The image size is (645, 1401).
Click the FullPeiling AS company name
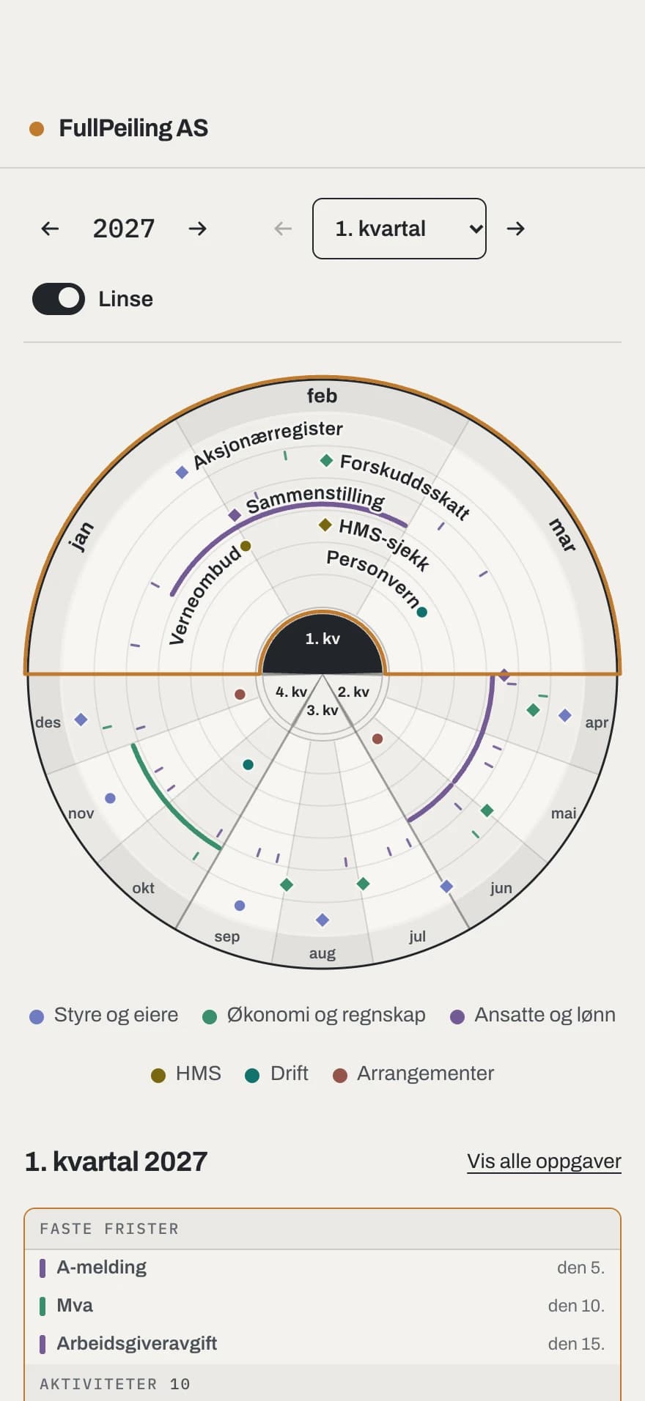coord(133,128)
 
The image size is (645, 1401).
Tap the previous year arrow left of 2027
coord(50,229)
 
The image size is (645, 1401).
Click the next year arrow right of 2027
coord(197,229)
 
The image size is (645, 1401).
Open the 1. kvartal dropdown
coord(399,229)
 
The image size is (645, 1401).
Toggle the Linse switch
coord(59,299)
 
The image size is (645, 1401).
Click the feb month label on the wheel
coord(322,396)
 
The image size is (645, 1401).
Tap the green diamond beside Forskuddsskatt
coord(327,460)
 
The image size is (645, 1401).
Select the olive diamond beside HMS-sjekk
coord(325,525)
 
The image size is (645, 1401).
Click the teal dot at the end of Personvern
coord(422,612)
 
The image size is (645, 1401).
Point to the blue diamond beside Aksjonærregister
coord(182,473)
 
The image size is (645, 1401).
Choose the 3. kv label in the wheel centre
coord(322,710)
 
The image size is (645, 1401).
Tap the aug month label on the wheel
coord(322,953)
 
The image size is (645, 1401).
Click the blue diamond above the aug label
coord(322,920)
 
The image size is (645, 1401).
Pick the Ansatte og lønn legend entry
coord(533,1015)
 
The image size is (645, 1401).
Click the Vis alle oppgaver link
coord(544,1161)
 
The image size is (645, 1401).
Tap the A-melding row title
coord(102,1267)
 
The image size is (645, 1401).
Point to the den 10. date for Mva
coord(576,1306)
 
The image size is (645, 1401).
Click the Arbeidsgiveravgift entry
coord(137,1343)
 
